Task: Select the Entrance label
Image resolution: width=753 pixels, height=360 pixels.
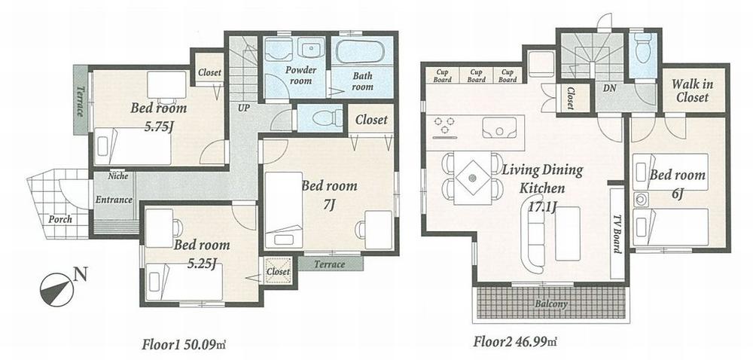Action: [x=114, y=200]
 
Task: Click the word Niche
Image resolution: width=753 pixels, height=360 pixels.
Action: [x=117, y=176]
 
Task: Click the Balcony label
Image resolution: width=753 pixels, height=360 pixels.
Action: [x=551, y=304]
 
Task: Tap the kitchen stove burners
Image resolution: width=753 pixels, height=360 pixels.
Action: [x=443, y=124]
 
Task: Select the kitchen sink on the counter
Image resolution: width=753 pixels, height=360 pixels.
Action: [x=498, y=130]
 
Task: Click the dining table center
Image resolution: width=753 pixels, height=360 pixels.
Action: [x=473, y=178]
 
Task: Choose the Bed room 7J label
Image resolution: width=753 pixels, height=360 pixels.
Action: [x=329, y=194]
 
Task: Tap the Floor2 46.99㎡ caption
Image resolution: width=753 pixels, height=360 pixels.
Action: [x=515, y=343]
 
